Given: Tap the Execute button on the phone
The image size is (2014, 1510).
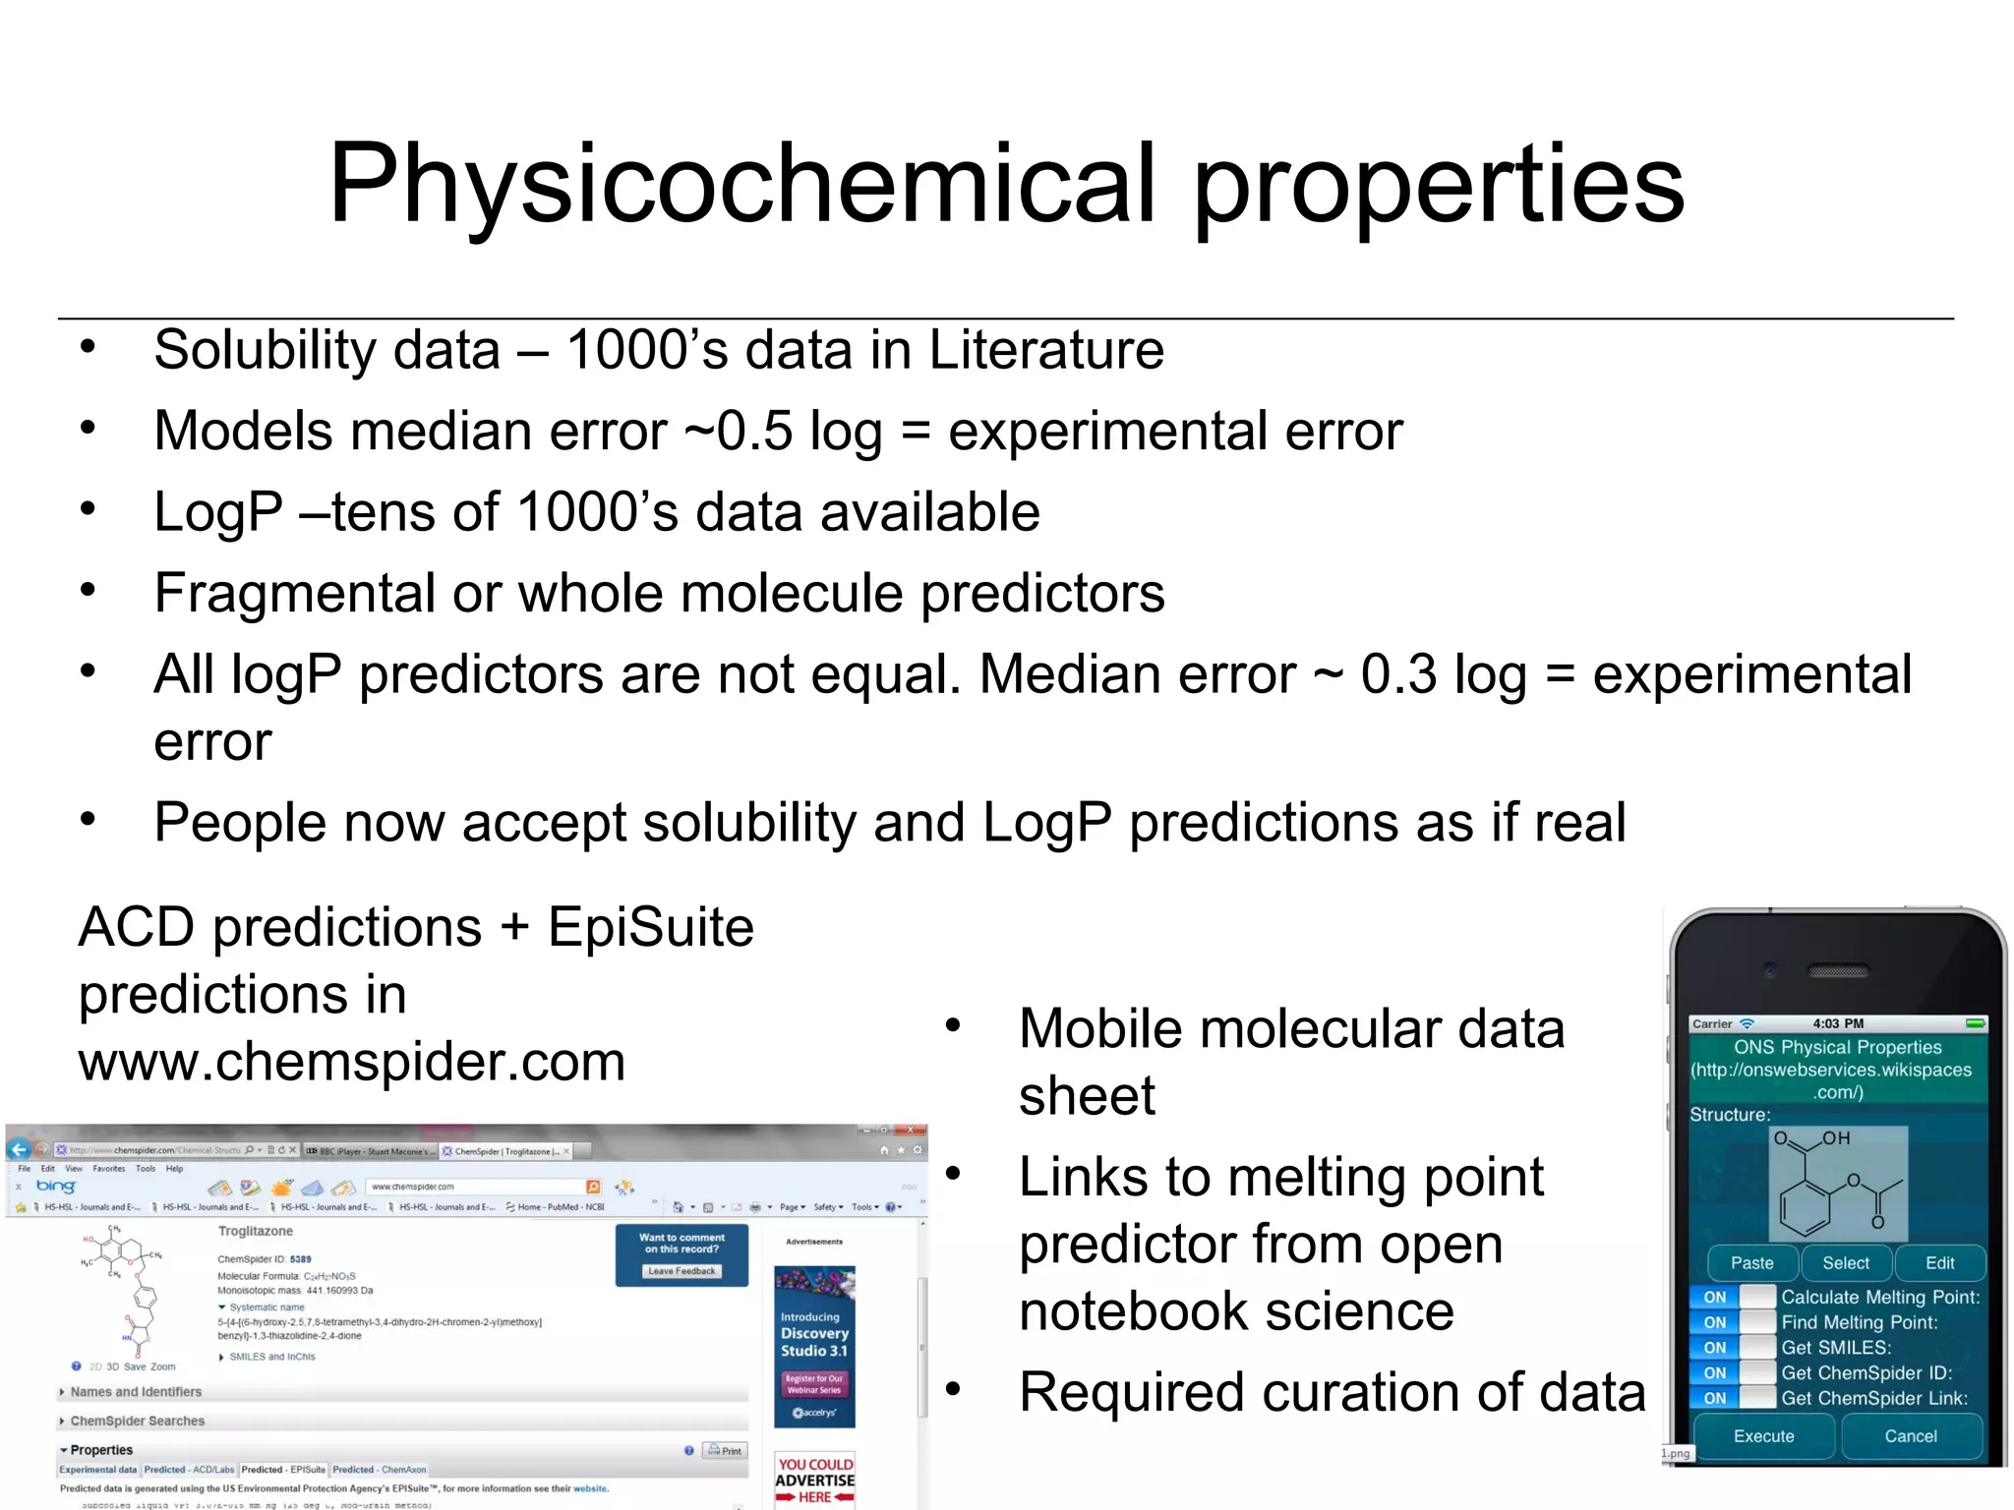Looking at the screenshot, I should (x=1763, y=1436).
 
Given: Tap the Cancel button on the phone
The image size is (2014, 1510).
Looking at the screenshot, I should (x=1910, y=1436).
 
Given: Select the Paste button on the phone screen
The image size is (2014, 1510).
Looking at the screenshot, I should (x=1751, y=1263).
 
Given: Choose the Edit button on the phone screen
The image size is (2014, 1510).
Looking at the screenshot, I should (x=1939, y=1263).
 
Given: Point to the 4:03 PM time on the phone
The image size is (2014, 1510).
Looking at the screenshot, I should (x=1837, y=1023).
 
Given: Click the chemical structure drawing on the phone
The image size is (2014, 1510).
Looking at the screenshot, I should (x=1837, y=1184).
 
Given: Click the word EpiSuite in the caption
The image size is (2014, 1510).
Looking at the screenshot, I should (x=650, y=927).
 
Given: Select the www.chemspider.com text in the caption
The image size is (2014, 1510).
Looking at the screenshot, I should (x=351, y=1062).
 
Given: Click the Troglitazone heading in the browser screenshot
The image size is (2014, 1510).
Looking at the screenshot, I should (x=255, y=1231).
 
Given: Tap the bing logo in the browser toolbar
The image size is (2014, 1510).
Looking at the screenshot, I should (x=55, y=1187).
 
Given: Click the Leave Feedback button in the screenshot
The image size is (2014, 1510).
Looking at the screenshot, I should (x=681, y=1271).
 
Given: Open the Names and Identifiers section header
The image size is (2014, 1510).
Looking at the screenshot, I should (x=136, y=1392).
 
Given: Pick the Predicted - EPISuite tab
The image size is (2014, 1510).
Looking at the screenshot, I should (x=283, y=1470).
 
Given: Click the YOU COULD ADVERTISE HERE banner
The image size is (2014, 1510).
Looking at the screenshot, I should (x=814, y=1481).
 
